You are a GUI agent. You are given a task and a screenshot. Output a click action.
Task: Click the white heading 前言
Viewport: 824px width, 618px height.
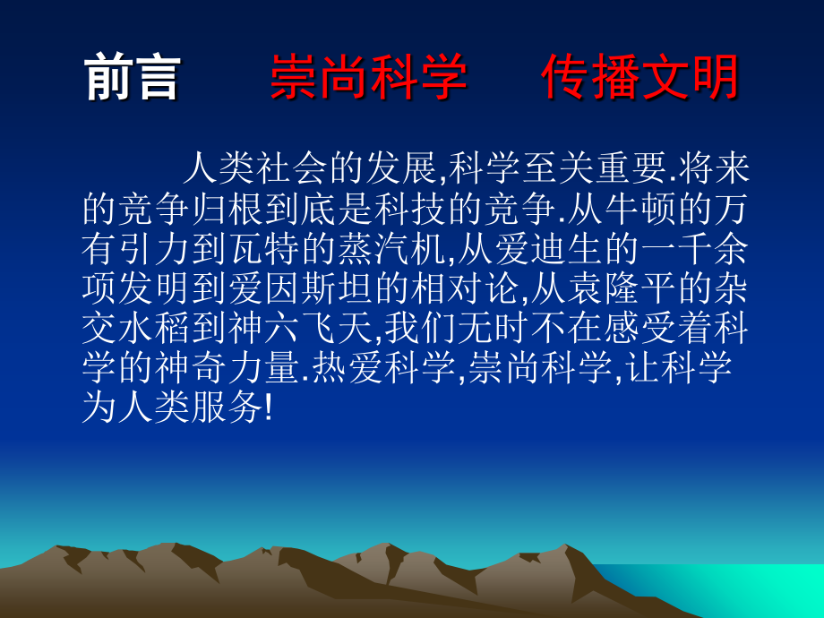(x=133, y=78)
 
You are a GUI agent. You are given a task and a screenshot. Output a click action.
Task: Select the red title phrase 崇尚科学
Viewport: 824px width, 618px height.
(x=368, y=78)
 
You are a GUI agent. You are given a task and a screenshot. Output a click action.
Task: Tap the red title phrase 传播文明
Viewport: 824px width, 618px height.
(x=639, y=78)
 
